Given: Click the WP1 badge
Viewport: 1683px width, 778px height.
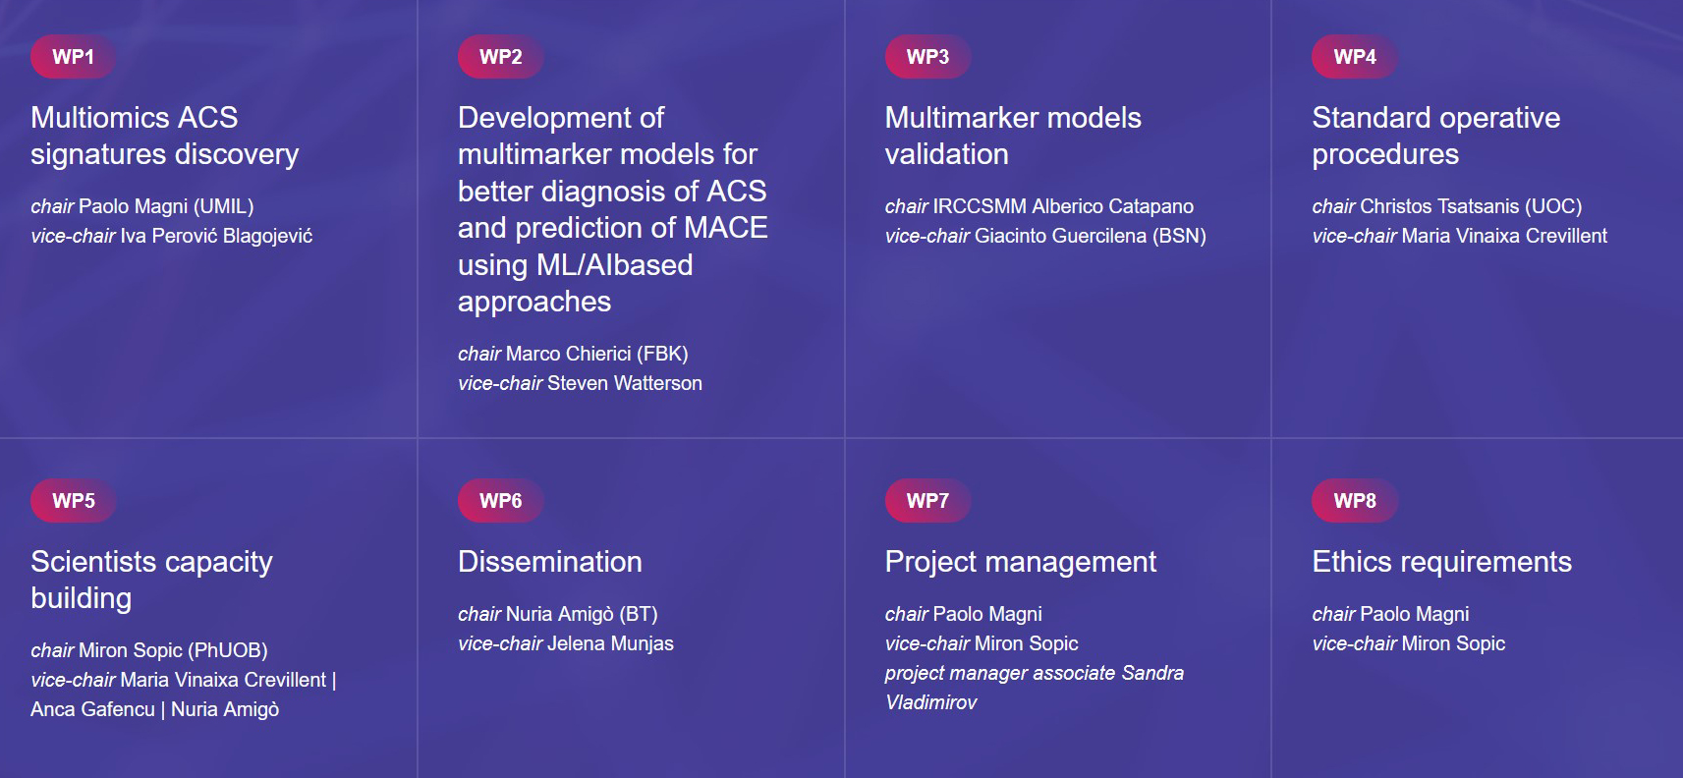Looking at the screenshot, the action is [x=73, y=56].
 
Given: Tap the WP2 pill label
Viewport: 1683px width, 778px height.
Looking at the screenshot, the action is [x=500, y=56].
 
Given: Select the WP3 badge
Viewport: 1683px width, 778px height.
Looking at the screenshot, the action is [x=927, y=56].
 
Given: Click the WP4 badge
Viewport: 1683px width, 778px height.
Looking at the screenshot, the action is [x=1355, y=56].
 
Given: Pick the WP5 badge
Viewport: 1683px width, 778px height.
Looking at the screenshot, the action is [x=73, y=500].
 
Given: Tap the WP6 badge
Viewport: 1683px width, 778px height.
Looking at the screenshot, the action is [x=500, y=500].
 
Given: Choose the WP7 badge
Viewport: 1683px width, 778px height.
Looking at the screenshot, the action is [x=927, y=500].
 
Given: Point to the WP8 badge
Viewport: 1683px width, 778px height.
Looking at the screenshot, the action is [x=1355, y=500].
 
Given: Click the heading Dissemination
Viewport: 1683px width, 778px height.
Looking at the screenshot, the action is [x=550, y=562].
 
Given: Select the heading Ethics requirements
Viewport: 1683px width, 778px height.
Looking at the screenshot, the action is [x=1442, y=563].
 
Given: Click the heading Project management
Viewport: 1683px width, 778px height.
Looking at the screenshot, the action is [x=1021, y=563].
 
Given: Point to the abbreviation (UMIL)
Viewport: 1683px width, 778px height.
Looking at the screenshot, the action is [x=223, y=206].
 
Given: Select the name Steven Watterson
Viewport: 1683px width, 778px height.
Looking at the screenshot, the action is [x=624, y=383].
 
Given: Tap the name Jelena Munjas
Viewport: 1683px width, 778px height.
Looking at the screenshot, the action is [x=610, y=643].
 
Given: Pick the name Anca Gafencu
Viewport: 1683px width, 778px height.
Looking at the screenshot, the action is [x=92, y=709].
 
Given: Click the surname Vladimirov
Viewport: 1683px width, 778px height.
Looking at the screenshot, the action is [x=931, y=703].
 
